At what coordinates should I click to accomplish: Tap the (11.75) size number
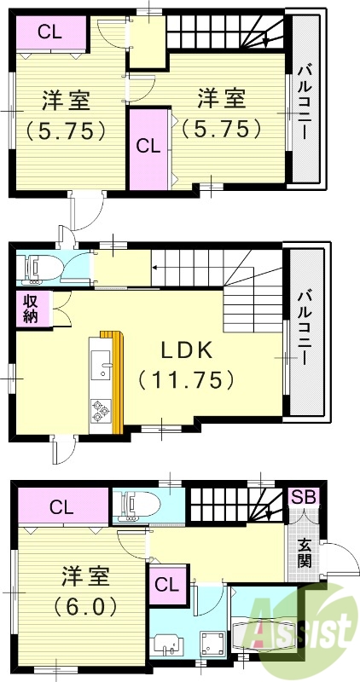click(186, 380)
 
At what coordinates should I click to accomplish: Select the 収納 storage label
click(30, 308)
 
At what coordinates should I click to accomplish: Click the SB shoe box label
click(302, 497)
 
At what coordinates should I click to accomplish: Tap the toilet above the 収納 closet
click(38, 267)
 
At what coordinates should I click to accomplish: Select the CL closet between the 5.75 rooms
click(148, 146)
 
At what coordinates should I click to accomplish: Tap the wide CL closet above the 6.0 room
click(61, 508)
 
